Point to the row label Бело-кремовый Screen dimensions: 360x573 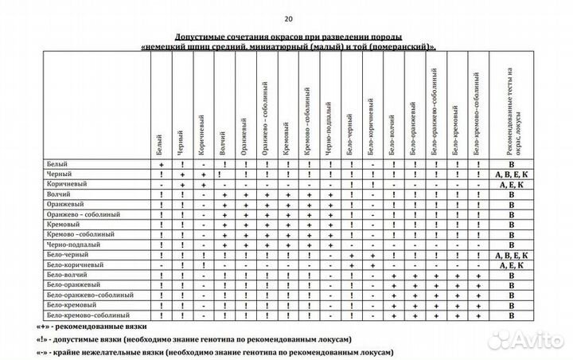71,305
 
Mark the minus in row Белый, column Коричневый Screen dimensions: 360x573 204,163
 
